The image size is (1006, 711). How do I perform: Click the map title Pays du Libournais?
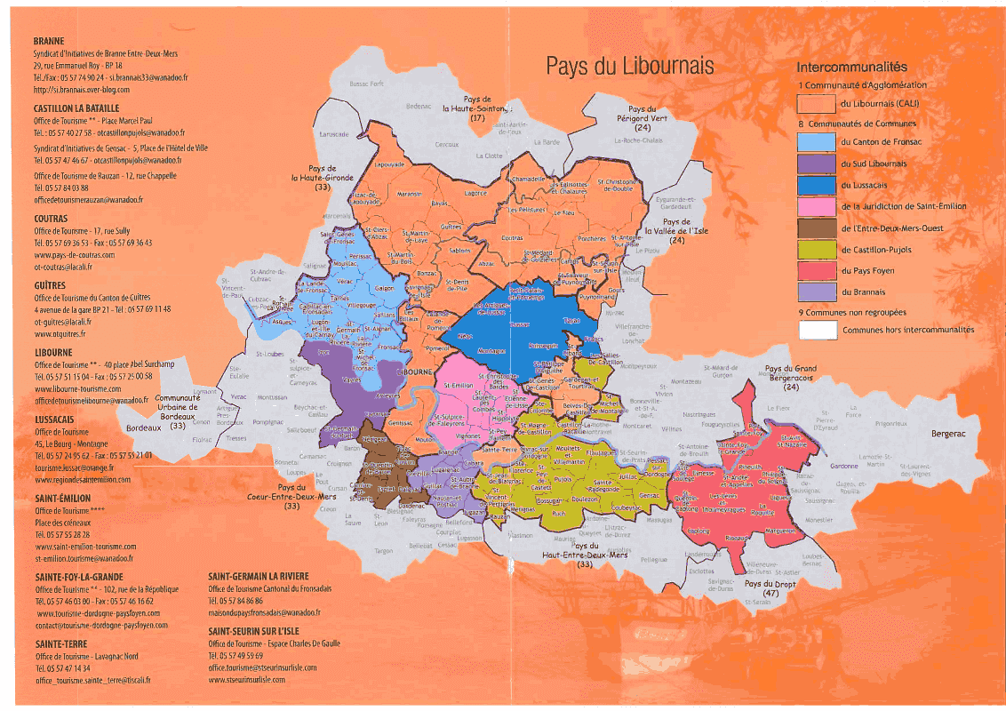tap(629, 67)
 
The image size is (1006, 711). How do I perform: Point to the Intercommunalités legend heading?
tap(851, 67)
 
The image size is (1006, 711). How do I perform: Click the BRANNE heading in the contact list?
tap(48, 42)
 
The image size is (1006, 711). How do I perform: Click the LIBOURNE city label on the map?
tap(415, 371)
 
